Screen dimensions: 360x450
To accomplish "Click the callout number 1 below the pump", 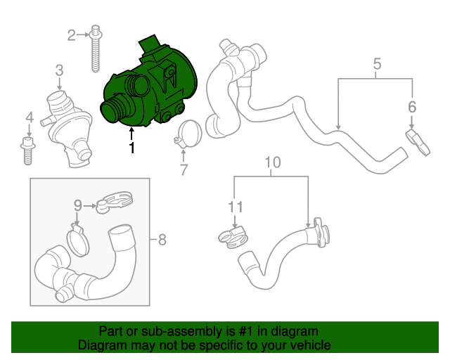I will (131, 148).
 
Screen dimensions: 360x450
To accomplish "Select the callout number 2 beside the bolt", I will (72, 34).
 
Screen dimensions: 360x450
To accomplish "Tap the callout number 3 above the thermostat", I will (59, 70).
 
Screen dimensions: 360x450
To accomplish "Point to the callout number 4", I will (29, 117).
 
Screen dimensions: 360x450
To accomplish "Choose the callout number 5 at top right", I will (377, 65).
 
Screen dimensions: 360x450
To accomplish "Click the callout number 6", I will (412, 107).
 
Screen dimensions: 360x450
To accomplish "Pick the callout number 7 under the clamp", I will (184, 169).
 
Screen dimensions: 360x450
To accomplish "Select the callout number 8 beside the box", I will (162, 240).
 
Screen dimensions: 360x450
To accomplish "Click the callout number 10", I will (272, 163).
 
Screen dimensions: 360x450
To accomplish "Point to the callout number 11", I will (235, 207).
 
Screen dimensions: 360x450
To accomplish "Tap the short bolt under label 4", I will (28, 150).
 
